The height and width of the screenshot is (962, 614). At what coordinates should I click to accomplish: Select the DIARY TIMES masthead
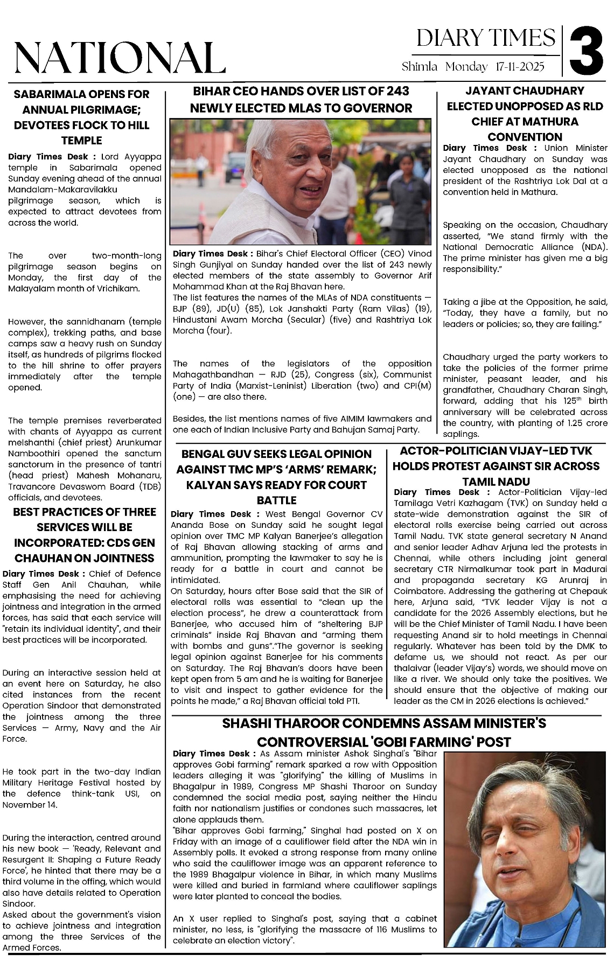point(486,38)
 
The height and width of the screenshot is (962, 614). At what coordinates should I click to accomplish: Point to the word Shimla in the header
point(420,67)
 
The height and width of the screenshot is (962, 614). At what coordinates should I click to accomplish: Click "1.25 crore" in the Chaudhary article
point(585,423)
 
